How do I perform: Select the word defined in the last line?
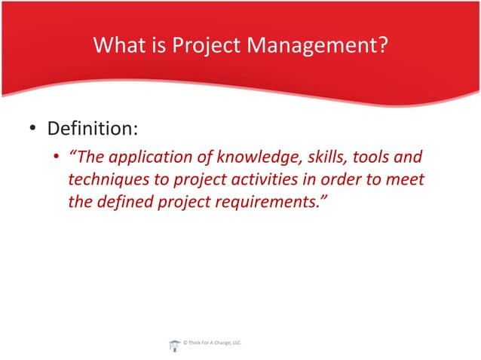click(x=126, y=203)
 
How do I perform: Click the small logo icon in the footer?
click(x=174, y=344)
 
